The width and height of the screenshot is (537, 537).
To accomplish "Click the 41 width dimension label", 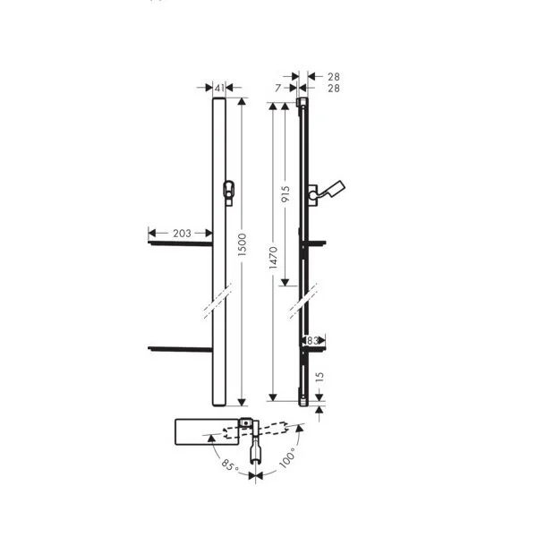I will [x=217, y=87].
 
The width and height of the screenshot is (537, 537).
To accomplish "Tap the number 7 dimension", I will [x=278, y=88].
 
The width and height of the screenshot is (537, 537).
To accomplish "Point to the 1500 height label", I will [x=243, y=256].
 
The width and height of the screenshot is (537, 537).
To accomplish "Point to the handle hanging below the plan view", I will [x=258, y=455].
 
